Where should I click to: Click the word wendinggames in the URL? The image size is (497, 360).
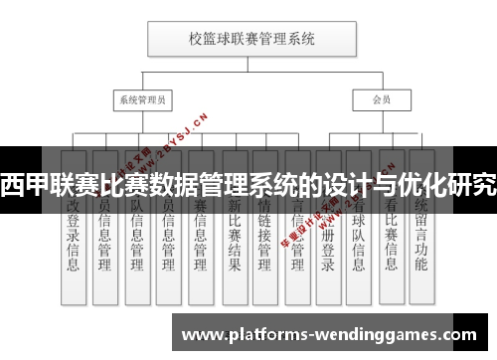click(393, 333)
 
